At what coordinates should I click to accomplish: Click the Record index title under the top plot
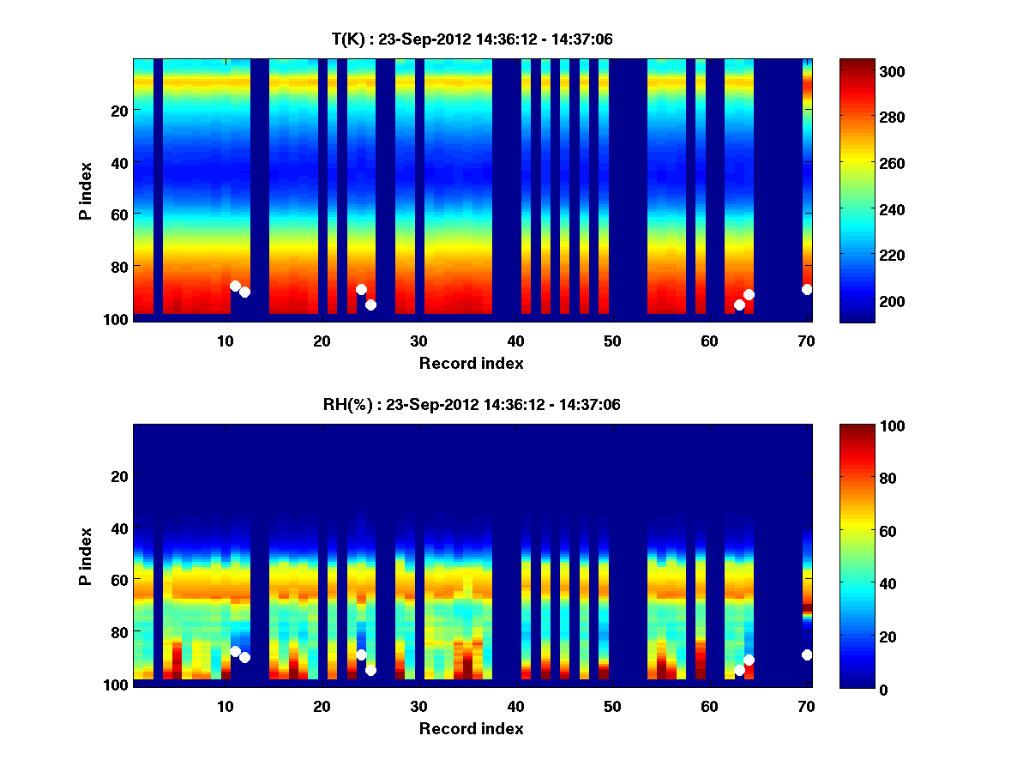click(471, 363)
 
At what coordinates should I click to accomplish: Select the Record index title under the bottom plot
click(471, 728)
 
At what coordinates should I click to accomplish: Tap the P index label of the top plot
click(86, 190)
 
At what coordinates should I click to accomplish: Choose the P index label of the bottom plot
click(86, 555)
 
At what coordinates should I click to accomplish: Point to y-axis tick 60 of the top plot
click(118, 214)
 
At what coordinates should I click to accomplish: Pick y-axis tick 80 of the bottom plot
click(118, 631)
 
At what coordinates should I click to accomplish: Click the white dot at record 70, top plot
click(807, 289)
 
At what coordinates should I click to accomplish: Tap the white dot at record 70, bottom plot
click(807, 654)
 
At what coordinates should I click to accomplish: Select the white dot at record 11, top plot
click(235, 286)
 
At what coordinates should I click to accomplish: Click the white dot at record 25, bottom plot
click(370, 670)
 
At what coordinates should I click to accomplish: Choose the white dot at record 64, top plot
click(749, 294)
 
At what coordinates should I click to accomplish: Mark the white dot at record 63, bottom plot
click(739, 670)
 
